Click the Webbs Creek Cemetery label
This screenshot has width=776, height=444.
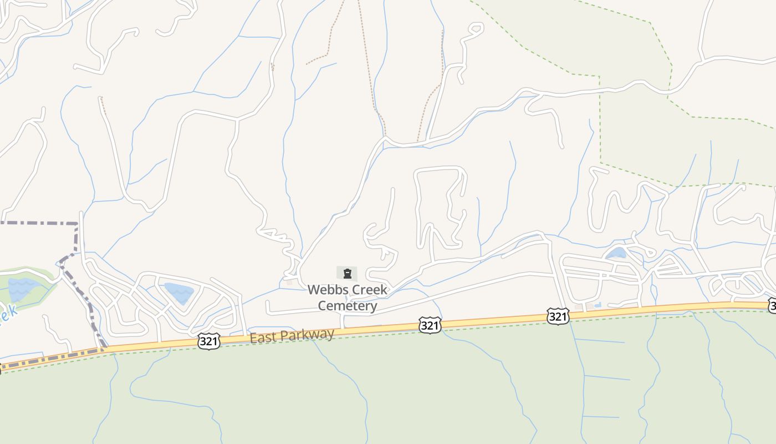point(348,297)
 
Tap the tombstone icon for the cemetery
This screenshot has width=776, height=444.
point(348,274)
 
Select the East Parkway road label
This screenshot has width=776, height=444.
point(292,336)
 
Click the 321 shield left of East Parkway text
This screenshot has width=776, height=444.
point(208,341)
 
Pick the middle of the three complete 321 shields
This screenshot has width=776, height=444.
point(430,325)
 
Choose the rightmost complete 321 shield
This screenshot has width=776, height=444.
point(557,316)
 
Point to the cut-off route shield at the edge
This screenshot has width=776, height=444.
point(772,306)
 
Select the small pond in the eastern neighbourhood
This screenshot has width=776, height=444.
point(616,254)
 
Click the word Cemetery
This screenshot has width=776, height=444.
point(348,306)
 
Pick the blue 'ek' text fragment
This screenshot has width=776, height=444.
point(8,314)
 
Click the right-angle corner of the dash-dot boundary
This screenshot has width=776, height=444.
point(76,224)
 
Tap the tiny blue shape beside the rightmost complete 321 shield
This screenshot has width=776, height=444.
point(597,305)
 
